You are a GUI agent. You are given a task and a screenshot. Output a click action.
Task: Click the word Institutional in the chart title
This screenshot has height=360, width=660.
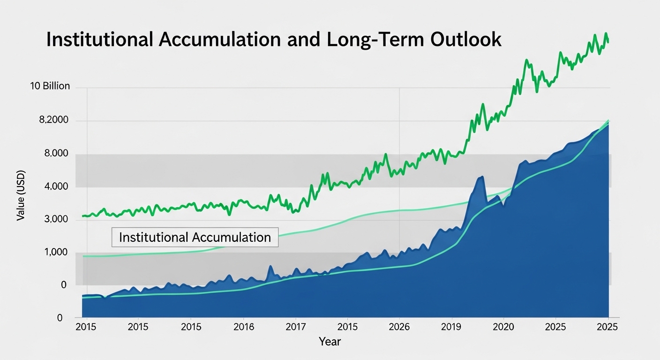click(99, 40)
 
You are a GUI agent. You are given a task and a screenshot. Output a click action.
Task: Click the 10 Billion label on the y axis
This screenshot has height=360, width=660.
click(50, 86)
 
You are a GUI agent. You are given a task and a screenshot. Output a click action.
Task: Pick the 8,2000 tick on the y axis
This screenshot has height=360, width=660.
click(54, 120)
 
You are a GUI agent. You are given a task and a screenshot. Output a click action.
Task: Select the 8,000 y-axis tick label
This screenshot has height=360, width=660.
click(56, 154)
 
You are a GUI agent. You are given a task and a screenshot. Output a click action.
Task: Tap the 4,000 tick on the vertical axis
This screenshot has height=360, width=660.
click(56, 187)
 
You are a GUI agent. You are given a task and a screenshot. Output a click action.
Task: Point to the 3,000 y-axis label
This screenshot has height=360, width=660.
click(56, 219)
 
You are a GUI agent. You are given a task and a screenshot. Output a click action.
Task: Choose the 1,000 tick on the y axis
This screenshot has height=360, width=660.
click(56, 253)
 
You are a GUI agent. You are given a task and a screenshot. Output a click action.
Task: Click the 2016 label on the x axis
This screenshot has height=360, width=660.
click(243, 326)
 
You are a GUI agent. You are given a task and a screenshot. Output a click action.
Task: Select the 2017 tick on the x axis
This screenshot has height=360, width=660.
click(295, 326)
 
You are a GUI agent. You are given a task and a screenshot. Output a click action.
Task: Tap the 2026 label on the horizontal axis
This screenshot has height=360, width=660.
click(399, 326)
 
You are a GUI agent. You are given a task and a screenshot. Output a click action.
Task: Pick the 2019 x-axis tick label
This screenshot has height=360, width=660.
click(451, 326)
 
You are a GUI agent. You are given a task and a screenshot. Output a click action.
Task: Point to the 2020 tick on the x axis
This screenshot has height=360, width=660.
click(503, 326)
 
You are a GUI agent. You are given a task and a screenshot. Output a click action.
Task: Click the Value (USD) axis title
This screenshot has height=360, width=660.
click(21, 196)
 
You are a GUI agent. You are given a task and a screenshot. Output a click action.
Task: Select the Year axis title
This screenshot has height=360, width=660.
click(330, 342)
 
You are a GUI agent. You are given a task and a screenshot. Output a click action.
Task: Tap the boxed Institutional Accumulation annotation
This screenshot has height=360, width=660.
click(195, 237)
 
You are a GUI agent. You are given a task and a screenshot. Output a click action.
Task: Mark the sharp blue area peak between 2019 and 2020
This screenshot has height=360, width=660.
click(480, 177)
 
